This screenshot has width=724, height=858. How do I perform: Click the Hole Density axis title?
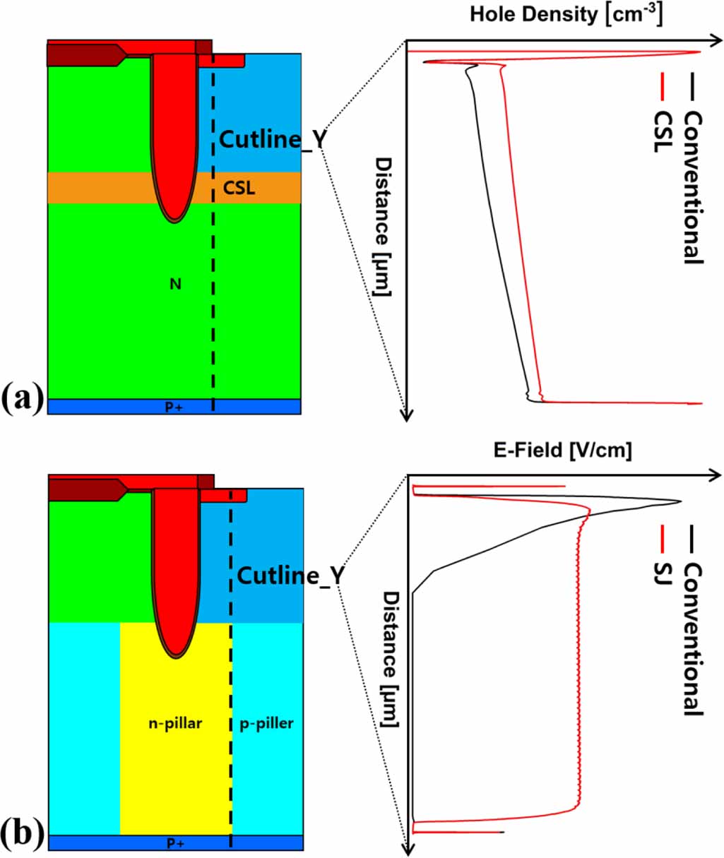566,14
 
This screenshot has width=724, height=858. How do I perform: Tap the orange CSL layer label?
239,188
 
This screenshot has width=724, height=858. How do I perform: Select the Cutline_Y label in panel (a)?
273,139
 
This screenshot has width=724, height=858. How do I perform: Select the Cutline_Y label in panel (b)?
290,576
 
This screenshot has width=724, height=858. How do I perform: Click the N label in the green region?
175,284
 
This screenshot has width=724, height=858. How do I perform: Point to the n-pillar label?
175,723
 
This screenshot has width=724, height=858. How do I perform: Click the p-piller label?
266,723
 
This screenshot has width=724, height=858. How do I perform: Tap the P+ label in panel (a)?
174,407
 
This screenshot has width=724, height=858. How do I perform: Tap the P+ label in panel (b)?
175,843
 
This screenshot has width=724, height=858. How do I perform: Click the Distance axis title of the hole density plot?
383,226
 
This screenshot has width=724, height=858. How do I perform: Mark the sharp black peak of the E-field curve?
680,502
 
